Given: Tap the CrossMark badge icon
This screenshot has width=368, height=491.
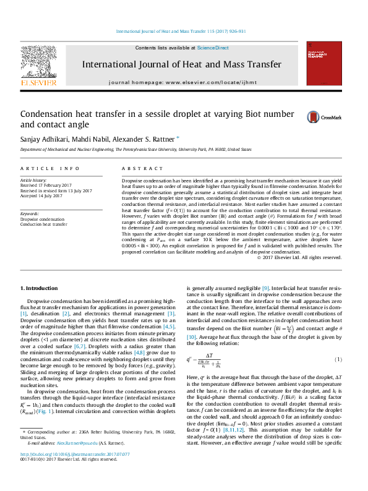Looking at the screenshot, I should tap(305, 116).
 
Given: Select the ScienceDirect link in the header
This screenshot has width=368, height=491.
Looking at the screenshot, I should tap(213, 48).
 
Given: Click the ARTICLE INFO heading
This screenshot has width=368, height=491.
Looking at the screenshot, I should tap(50, 168).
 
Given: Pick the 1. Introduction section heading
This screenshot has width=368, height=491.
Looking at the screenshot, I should tap(40, 288).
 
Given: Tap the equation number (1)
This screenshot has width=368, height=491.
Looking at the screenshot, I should tap(338, 359).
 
